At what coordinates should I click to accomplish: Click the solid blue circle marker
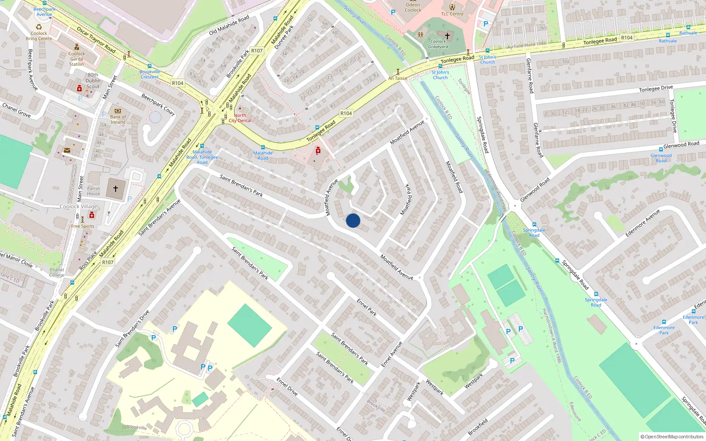click(x=353, y=220)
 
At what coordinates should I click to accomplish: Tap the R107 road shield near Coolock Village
click(x=108, y=262)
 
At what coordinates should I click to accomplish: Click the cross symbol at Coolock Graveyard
click(x=447, y=36)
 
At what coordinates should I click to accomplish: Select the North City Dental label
click(x=240, y=118)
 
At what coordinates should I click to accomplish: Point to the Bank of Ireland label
click(x=118, y=120)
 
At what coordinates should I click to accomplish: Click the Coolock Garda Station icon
click(x=77, y=47)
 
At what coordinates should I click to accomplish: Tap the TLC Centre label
click(x=452, y=14)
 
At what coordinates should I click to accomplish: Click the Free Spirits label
click(x=83, y=226)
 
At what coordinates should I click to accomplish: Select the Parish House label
click(x=94, y=191)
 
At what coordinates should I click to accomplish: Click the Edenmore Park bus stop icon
click(x=664, y=322)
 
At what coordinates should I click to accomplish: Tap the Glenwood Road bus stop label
click(x=661, y=158)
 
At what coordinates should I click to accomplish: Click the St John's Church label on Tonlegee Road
click(x=440, y=75)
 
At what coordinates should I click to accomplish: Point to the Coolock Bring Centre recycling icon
click(x=38, y=27)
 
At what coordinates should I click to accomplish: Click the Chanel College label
click(x=56, y=272)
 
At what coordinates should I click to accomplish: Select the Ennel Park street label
click(x=367, y=307)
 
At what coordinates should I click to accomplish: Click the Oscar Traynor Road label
click(x=96, y=40)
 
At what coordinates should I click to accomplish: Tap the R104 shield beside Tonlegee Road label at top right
click(x=627, y=38)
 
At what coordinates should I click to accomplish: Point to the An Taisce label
click(x=398, y=78)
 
